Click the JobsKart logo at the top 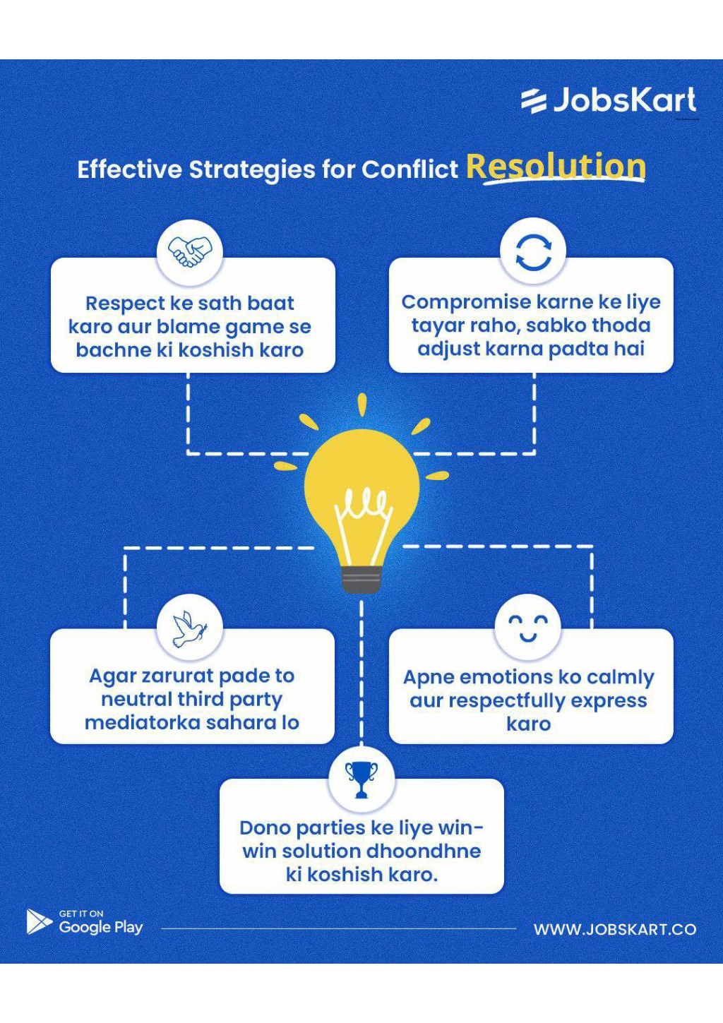(609, 100)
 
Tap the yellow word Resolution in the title (556, 167)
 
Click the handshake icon (190, 250)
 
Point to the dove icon (189, 628)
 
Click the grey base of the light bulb (361, 580)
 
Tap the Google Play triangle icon (38, 921)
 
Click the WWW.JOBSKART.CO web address (615, 929)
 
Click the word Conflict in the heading (410, 169)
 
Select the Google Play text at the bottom (101, 928)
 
